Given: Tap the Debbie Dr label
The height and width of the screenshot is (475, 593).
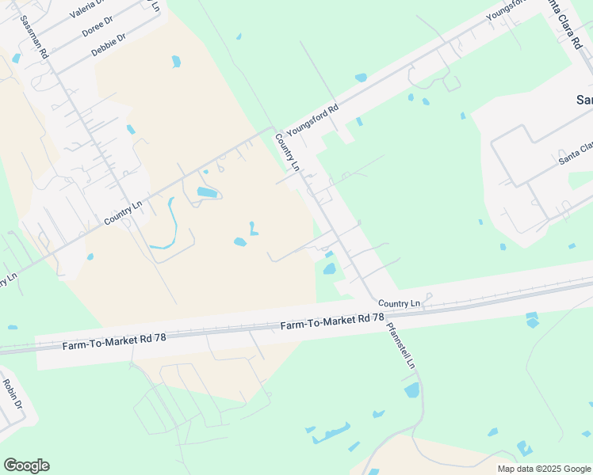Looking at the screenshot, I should pyautogui.click(x=109, y=44).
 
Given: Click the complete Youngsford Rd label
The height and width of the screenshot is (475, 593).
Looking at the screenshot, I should pyautogui.click(x=312, y=118).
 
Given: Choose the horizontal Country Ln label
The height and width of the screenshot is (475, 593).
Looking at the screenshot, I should pyautogui.click(x=399, y=303).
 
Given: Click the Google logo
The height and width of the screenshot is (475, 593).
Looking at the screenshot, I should pyautogui.click(x=26, y=465).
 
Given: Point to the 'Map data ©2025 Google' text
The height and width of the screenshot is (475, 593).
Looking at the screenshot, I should pyautogui.click(x=544, y=469).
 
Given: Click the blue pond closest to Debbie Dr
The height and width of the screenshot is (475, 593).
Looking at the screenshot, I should pyautogui.click(x=176, y=61).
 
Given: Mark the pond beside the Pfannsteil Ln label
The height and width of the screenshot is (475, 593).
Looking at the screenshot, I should pyautogui.click(x=411, y=389).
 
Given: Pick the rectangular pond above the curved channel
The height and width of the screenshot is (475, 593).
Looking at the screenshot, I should pyautogui.click(x=206, y=192).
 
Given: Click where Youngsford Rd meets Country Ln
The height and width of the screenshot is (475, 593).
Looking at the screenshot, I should pyautogui.click(x=274, y=128).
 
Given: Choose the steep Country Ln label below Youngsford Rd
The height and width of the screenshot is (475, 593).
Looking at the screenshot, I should pyautogui.click(x=286, y=153).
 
